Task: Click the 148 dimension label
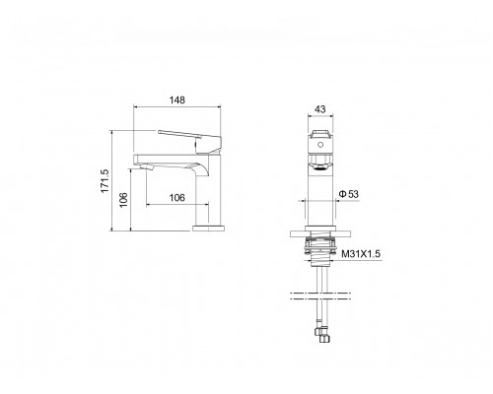(177, 99)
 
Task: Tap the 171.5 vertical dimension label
(105, 181)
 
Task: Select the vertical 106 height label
(123, 200)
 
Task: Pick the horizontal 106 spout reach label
(177, 198)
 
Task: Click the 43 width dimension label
(320, 109)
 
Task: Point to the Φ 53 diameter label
(349, 194)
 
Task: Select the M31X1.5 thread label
(361, 254)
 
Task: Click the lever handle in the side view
(190, 141)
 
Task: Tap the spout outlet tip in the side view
(147, 167)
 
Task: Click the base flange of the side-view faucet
(208, 229)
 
